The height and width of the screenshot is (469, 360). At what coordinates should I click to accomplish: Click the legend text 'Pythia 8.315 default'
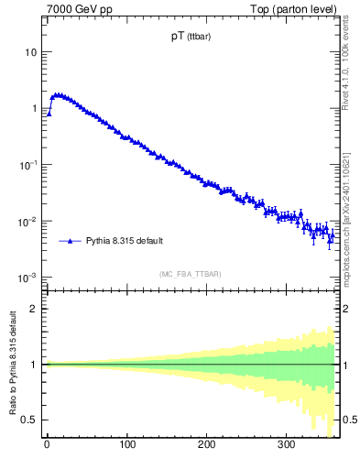click(x=125, y=241)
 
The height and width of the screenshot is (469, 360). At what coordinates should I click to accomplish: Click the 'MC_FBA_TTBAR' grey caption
click(x=190, y=274)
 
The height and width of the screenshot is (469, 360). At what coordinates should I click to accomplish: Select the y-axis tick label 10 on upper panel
click(x=30, y=52)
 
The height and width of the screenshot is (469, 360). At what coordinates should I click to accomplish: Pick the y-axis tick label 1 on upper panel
click(x=34, y=109)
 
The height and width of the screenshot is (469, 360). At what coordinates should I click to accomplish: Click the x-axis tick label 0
click(x=47, y=446)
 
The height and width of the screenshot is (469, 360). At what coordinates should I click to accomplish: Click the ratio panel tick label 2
click(x=34, y=308)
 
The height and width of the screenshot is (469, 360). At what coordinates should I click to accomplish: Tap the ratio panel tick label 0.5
click(x=30, y=420)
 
